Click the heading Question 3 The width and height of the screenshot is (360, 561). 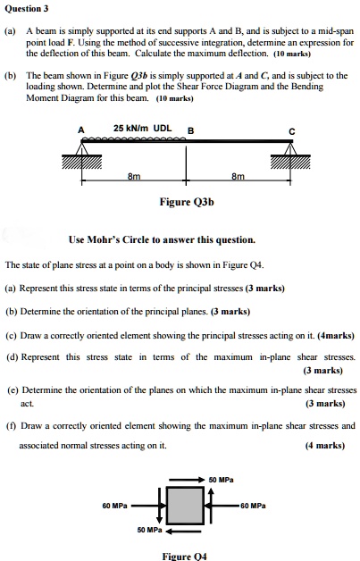[x=26, y=9]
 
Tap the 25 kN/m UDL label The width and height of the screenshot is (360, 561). [x=143, y=128]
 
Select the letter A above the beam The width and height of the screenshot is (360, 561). [x=82, y=130]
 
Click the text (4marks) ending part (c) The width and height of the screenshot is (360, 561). [x=334, y=337]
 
